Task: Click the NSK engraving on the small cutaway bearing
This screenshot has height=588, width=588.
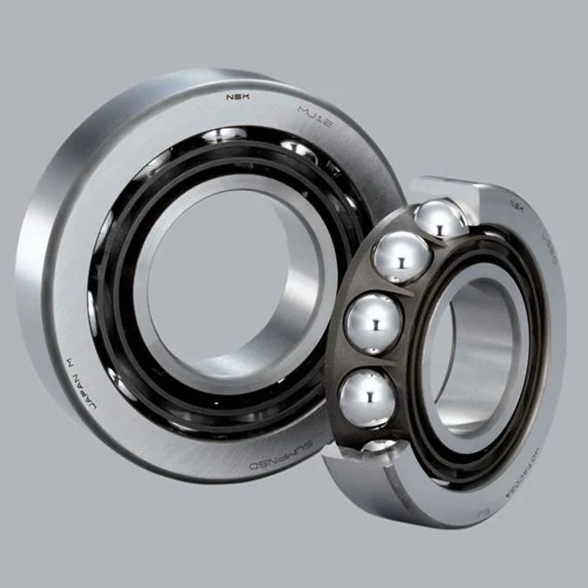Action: tap(515, 200)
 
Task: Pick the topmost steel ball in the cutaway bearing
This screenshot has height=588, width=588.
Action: tap(441, 220)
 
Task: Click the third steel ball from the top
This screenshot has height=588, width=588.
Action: tap(373, 323)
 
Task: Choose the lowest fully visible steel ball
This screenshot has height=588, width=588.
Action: tap(367, 396)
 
